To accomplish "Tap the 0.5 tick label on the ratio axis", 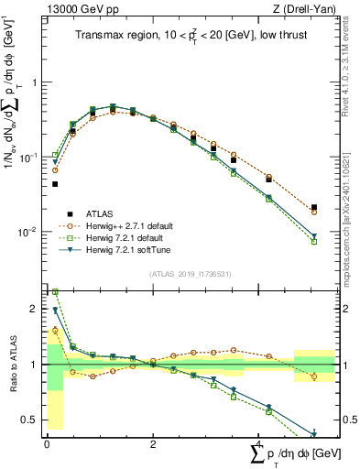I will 28,420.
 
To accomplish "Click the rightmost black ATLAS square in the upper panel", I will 314,208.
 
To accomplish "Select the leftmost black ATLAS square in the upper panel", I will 55,184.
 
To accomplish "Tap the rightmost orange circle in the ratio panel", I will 314,376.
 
